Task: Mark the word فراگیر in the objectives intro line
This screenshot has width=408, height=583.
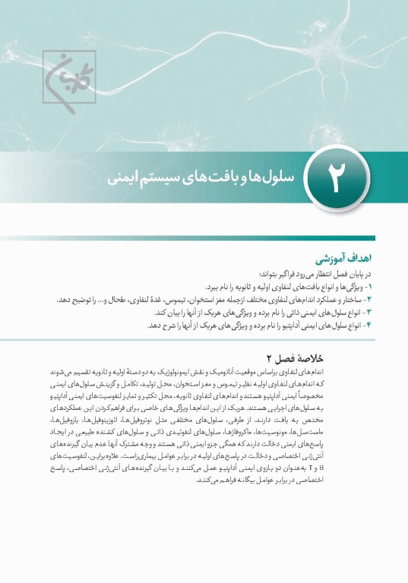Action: [x=291, y=275]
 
